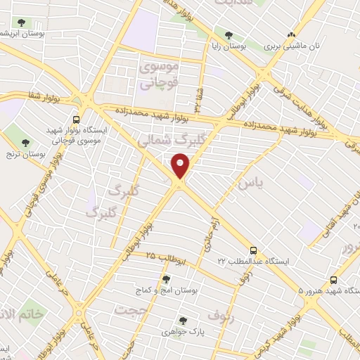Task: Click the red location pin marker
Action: pos(182,166)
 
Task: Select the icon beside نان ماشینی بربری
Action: pos(291,34)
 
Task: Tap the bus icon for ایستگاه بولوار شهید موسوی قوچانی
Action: pos(76,120)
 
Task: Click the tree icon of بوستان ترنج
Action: pos(26,142)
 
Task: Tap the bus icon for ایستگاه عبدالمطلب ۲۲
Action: pos(253,250)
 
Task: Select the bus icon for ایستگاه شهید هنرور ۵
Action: pos(333,279)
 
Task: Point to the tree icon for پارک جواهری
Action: pos(184,320)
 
